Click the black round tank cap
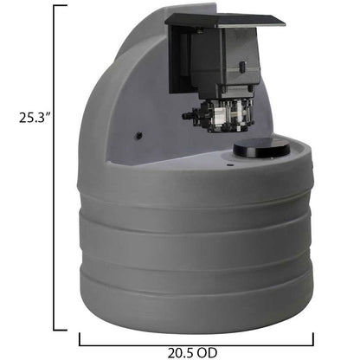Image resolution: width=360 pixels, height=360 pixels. click(x=261, y=149)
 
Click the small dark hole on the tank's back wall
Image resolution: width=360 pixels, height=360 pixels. click(x=137, y=136)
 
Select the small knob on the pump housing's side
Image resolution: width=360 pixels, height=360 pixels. click(x=241, y=66)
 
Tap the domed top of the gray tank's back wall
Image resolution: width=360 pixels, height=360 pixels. click(x=130, y=43)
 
